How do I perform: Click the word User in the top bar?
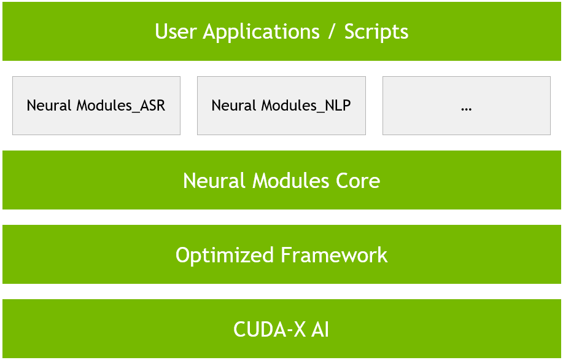176,31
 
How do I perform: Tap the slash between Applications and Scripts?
332,32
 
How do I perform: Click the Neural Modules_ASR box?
96,106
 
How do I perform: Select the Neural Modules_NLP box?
281,106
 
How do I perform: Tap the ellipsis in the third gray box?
466,109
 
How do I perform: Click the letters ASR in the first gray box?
153,105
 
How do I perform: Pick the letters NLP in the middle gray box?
338,105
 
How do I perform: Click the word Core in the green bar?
358,181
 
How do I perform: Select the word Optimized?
225,256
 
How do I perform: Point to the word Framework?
334,255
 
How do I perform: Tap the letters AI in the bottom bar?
320,329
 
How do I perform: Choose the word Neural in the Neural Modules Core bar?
214,181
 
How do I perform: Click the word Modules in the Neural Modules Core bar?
291,181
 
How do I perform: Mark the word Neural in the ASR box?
49,105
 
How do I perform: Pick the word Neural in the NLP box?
234,105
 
